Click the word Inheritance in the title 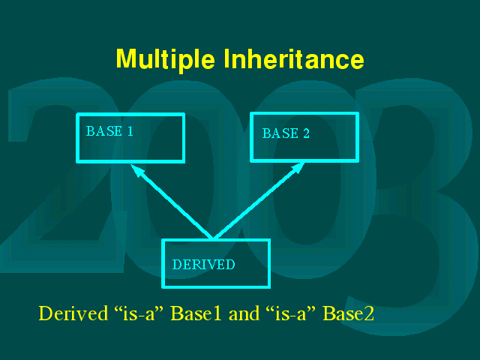(294, 58)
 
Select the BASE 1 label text (109, 131)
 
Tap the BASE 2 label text (286, 133)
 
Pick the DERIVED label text (203, 265)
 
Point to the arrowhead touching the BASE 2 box (298, 168)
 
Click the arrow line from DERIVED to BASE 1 (172, 201)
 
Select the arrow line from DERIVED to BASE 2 (259, 200)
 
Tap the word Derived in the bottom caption (73, 313)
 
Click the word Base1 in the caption (196, 313)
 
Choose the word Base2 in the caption (348, 313)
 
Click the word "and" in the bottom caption (244, 313)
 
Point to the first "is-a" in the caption (139, 313)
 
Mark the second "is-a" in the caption (291, 313)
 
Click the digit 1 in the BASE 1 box (130, 131)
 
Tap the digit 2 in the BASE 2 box (306, 133)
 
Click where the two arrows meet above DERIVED (213, 238)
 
